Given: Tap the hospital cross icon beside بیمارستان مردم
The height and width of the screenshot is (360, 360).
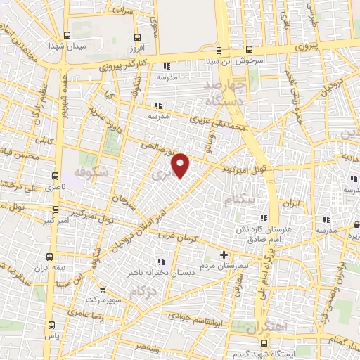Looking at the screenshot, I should (224, 255).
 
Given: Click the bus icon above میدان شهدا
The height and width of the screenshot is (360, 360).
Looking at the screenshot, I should (67, 35).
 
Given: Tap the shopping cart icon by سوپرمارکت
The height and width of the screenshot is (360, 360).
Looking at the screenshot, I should (103, 289).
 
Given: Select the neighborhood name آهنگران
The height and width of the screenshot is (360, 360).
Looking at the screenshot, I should (259, 329).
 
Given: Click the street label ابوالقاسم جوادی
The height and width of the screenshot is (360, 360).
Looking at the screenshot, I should (224, 316).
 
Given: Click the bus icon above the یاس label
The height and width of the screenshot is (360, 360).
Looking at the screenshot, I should (51, 325).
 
